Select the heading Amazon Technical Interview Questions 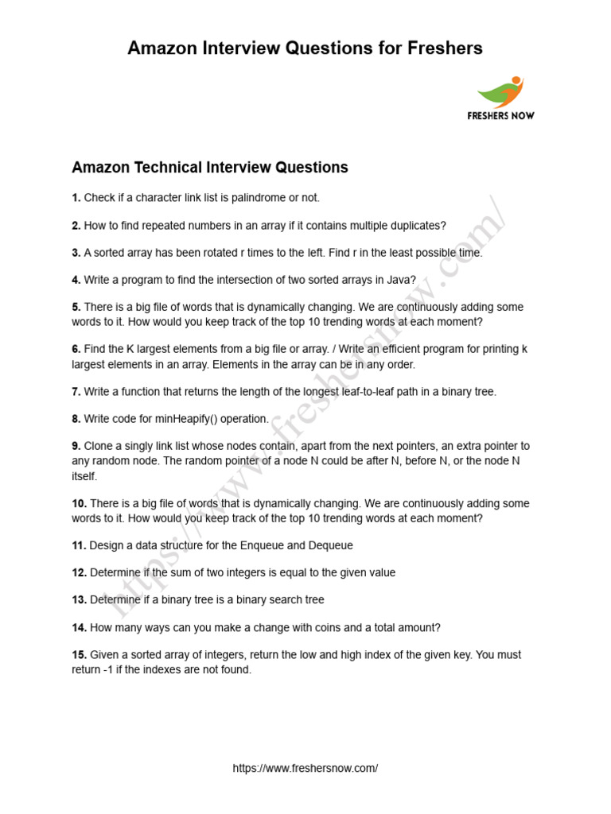tap(210, 168)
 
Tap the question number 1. tap(76, 197)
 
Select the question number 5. tap(76, 307)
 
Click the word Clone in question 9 tap(99, 446)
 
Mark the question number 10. tap(79, 503)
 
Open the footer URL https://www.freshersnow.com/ tap(305, 769)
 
